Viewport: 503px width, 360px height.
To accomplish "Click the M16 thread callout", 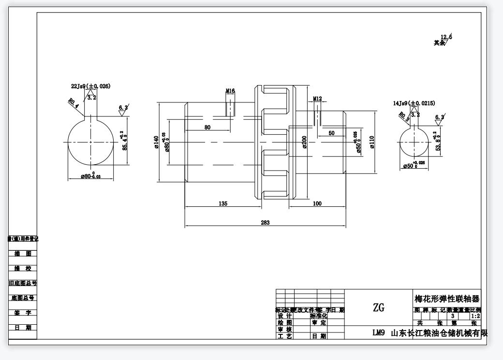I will pos(230,91).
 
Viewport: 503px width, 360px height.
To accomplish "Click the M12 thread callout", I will pos(317,99).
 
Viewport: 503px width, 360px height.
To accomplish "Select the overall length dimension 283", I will pos(265,223).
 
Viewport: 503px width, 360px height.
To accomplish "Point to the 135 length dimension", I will pos(223,204).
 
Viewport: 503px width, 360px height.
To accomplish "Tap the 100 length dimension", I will pos(317,204).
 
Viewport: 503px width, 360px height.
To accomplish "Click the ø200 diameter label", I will pos(305,142).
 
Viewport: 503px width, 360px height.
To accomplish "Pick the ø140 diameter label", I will pos(157,143).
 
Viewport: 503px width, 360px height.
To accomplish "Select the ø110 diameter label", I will pos(372,142).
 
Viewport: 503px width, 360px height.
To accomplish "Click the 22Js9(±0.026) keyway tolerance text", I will pos(90,86).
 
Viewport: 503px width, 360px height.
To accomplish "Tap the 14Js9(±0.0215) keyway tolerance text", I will pos(414,103).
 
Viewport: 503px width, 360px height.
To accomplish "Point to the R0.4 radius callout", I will pos(73,102).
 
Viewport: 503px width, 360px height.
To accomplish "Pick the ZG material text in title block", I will pos(379,307).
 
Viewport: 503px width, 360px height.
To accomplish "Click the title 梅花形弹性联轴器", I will pos(447,299).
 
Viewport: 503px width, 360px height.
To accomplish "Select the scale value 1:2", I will pos(475,316).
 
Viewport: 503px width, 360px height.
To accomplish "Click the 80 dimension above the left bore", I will pos(207,128).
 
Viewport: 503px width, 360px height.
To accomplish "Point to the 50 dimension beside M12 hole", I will pos(331,133).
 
